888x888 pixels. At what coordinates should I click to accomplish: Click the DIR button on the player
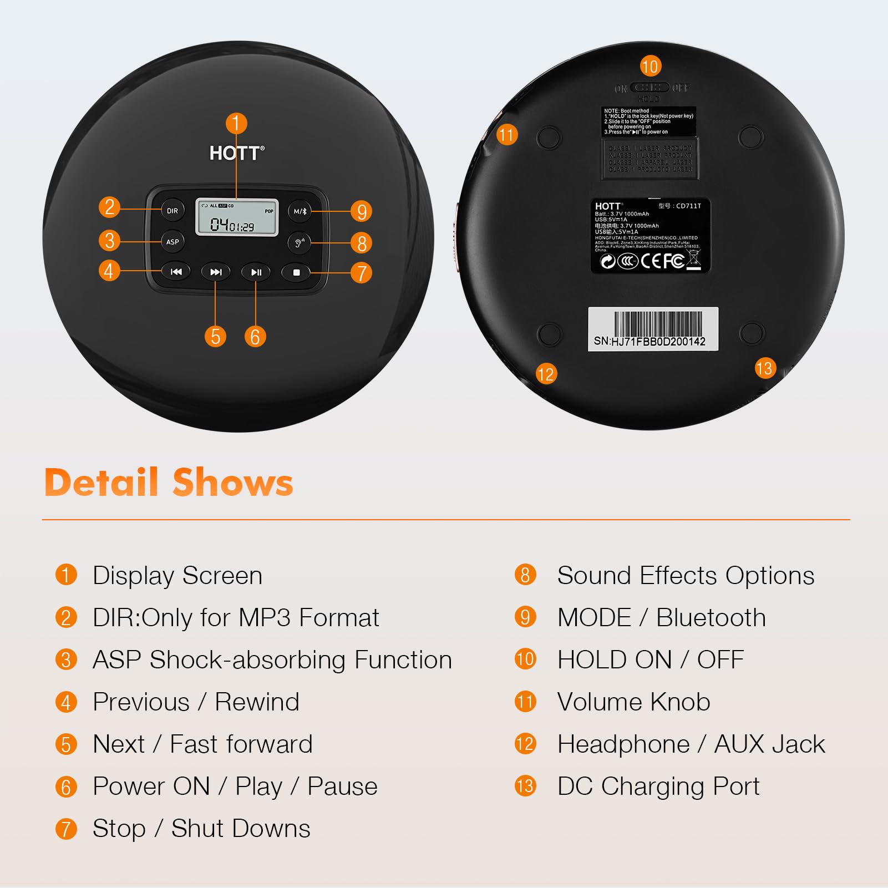(172, 211)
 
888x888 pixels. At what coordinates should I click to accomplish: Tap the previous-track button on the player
(176, 272)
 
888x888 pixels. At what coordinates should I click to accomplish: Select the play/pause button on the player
(256, 272)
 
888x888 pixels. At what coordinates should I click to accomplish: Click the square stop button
(296, 272)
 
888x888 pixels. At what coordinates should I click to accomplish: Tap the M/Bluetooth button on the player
(300, 211)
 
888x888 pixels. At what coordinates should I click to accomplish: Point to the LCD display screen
(237, 217)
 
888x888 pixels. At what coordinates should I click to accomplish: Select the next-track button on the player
(216, 272)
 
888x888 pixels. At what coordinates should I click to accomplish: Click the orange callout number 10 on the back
(650, 67)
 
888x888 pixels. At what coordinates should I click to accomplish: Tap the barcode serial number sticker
(653, 329)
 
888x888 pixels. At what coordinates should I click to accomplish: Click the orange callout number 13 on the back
(764, 368)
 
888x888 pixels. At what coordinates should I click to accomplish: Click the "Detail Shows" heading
(169, 482)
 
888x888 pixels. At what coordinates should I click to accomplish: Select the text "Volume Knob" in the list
(633, 702)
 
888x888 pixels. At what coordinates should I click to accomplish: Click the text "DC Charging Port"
(658, 786)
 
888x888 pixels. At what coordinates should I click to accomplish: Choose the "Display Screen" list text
(177, 575)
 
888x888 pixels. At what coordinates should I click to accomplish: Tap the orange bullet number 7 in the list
(66, 829)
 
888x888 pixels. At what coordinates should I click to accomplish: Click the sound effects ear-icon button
(300, 242)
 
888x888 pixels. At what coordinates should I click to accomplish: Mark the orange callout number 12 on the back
(546, 374)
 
